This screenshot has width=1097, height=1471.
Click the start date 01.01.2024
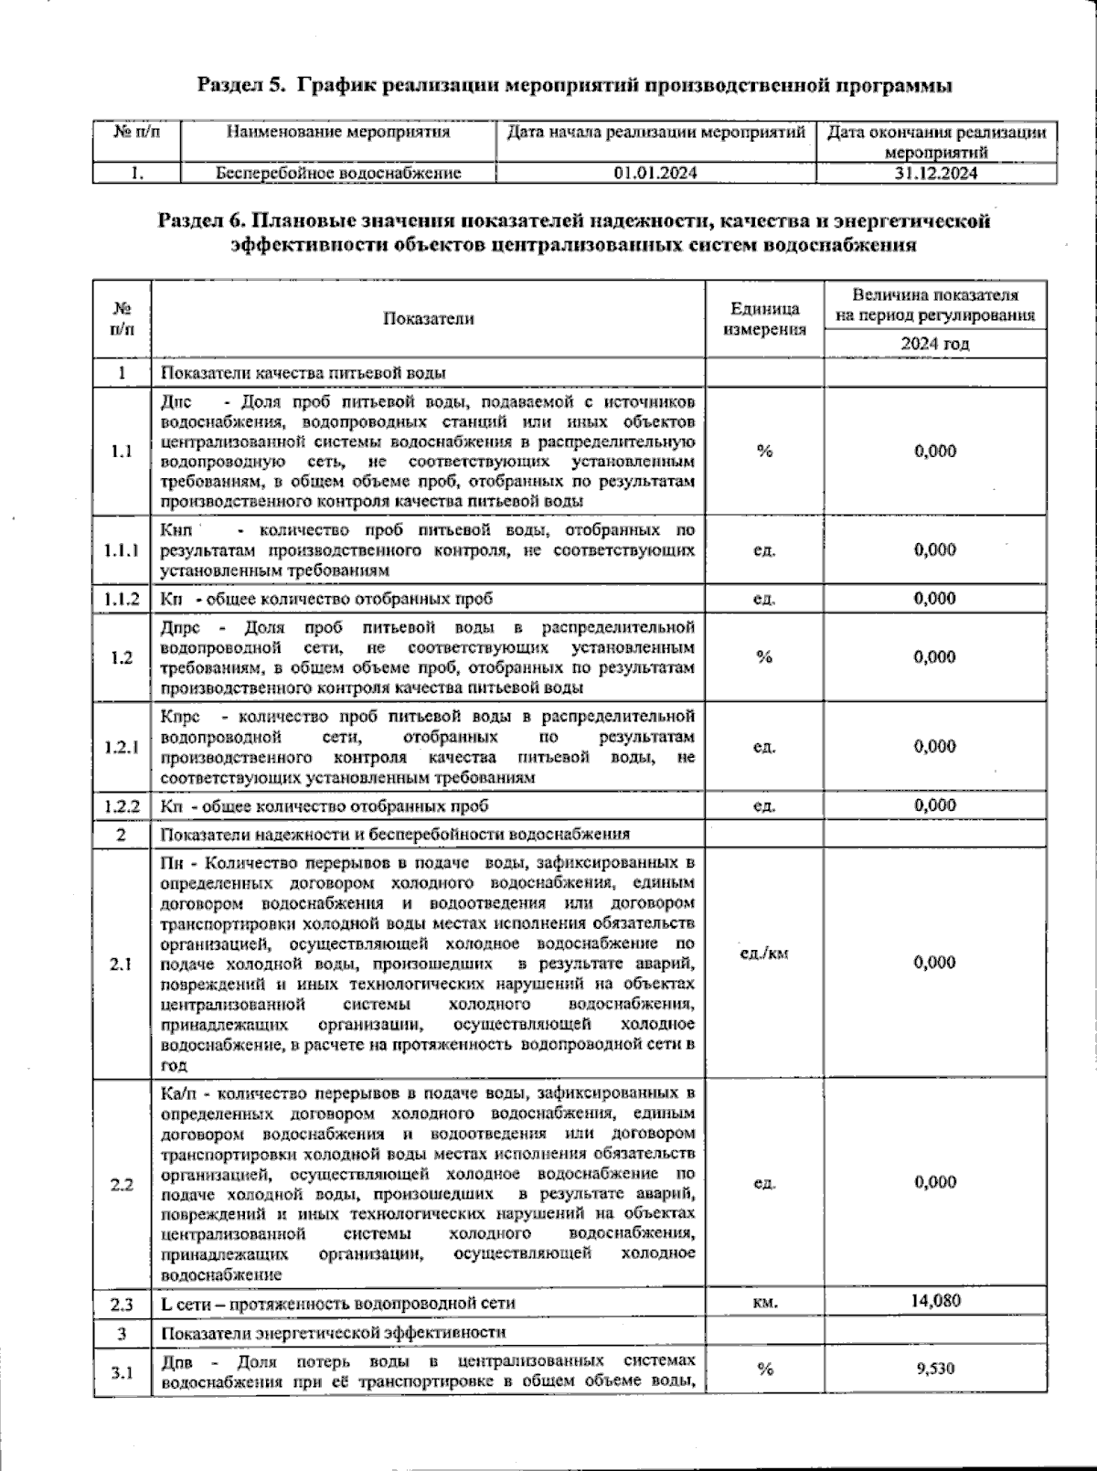655,173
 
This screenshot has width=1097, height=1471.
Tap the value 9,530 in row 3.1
935,1368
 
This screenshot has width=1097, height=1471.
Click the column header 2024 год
934,344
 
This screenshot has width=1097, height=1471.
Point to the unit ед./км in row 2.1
764,954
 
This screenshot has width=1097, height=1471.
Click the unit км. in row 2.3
765,1302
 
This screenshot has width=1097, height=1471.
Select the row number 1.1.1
122,549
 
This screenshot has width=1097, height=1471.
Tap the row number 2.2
122,1184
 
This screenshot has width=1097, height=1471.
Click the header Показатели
428,318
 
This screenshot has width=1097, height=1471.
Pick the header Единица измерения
764,318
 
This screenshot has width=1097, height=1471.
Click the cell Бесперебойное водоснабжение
338,173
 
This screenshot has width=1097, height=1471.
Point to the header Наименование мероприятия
338,132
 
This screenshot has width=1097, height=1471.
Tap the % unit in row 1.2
764,656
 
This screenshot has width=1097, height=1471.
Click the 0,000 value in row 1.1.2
935,598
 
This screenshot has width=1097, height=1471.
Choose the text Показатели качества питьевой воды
304,373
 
